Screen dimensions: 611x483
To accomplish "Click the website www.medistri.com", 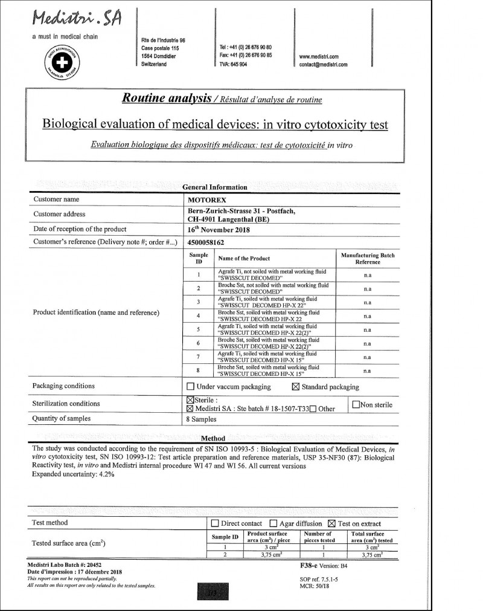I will click(x=319, y=57).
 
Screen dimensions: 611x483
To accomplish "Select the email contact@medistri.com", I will click(x=323, y=65).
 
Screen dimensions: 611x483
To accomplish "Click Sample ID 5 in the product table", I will click(x=199, y=329).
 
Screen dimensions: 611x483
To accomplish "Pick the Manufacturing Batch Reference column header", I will click(x=368, y=259).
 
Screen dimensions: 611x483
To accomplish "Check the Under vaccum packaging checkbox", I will click(x=191, y=387).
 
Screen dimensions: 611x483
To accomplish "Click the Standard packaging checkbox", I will click(x=296, y=387).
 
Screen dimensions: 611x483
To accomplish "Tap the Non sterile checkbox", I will click(x=355, y=405).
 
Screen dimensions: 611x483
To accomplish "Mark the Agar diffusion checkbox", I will click(x=273, y=523).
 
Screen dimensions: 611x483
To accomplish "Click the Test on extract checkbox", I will click(x=331, y=523).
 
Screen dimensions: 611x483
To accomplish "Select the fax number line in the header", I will click(x=246, y=55).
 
